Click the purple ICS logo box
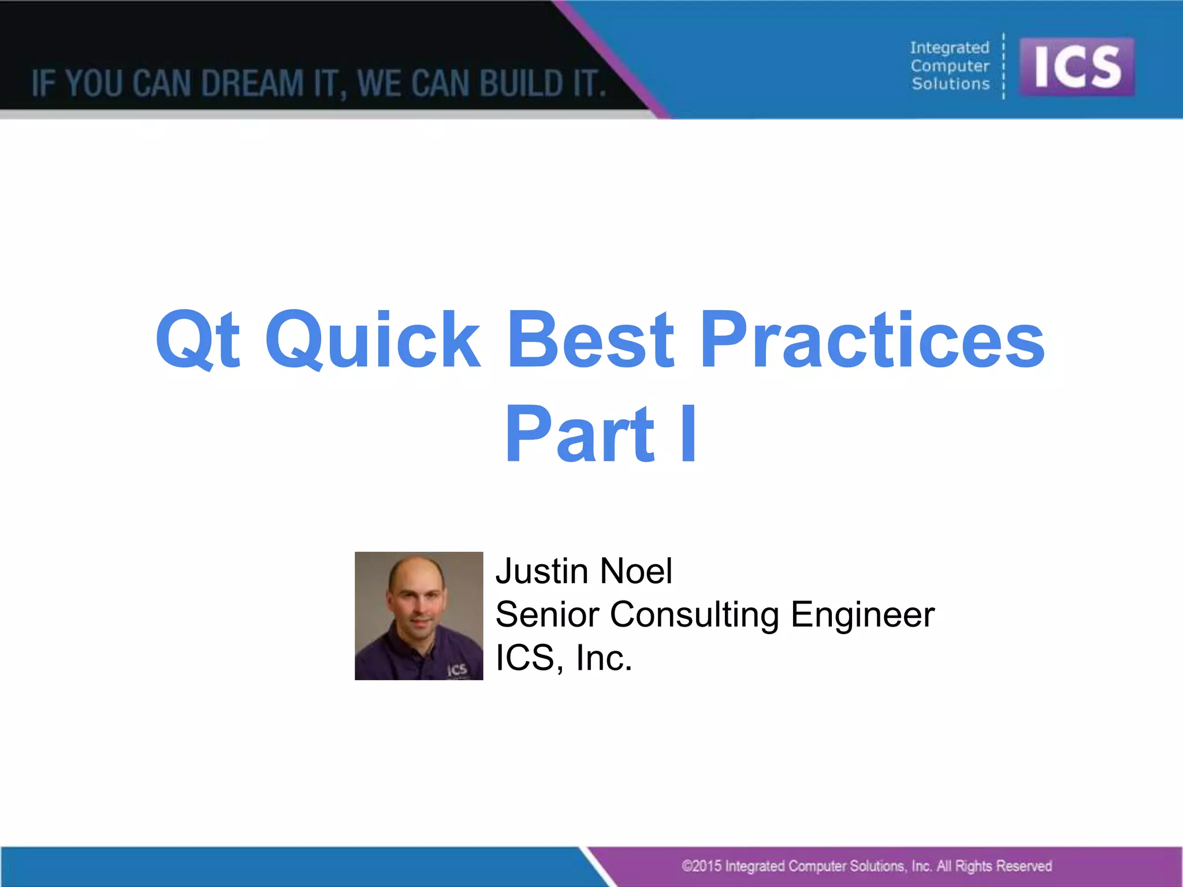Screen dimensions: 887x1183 pyautogui.click(x=1077, y=66)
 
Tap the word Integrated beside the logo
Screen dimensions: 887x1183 pyautogui.click(x=950, y=48)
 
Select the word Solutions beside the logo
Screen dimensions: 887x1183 pyautogui.click(x=950, y=84)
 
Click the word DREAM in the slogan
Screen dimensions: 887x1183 pyautogui.click(x=252, y=83)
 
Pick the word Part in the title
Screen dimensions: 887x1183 pyautogui.click(x=579, y=434)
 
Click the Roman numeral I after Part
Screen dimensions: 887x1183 pyautogui.click(x=688, y=434)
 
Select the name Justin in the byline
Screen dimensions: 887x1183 pyautogui.click(x=542, y=571)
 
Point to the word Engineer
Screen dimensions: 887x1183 pyautogui.click(x=862, y=614)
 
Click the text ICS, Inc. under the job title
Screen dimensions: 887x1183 pyautogui.click(x=564, y=658)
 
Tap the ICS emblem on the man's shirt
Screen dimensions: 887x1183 pyautogui.click(x=457, y=670)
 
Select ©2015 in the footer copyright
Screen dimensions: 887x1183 pyautogui.click(x=701, y=866)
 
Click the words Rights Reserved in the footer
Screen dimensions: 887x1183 pyautogui.click(x=1003, y=866)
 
